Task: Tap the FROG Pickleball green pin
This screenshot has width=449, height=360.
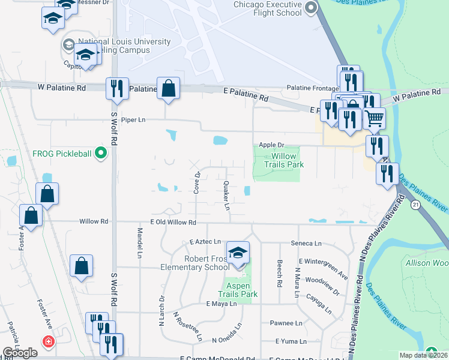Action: (x=101, y=154)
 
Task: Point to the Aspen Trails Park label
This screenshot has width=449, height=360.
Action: (x=241, y=290)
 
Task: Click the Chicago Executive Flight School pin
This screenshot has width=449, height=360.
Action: (x=310, y=8)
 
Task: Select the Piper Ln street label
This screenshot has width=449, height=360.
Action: (x=133, y=119)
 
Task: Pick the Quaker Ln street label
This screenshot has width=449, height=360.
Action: (x=227, y=196)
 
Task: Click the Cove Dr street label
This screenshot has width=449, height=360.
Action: (x=196, y=183)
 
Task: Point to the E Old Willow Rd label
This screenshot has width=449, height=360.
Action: (x=173, y=222)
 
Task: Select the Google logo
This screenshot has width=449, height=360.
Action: (x=20, y=353)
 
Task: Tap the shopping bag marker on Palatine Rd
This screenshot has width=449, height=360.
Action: (x=169, y=88)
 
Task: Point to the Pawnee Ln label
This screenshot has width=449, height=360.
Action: (x=286, y=323)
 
